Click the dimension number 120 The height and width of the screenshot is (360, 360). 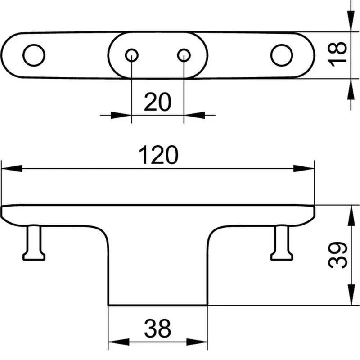[x=158, y=154]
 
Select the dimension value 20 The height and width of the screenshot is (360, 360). [x=157, y=102]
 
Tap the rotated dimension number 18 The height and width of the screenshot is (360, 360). [x=337, y=54]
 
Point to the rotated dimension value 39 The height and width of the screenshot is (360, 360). [x=338, y=255]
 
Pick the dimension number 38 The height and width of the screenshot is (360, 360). [x=157, y=328]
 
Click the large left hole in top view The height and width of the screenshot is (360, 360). [x=34, y=55]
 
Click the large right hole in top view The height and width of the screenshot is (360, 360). [x=282, y=55]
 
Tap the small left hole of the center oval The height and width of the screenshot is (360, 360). [x=131, y=55]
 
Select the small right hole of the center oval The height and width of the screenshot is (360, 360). [x=184, y=55]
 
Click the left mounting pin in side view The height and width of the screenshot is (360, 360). [x=34, y=243]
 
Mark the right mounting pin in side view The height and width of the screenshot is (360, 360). [x=282, y=243]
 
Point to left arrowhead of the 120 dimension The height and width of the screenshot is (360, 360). [x=12, y=168]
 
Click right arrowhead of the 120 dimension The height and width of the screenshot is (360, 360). [x=304, y=168]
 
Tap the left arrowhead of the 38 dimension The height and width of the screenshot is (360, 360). [x=119, y=342]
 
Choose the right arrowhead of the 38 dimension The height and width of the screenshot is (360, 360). [x=197, y=342]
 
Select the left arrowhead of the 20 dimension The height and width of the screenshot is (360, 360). [x=121, y=115]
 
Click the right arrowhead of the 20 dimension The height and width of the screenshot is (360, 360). [x=194, y=115]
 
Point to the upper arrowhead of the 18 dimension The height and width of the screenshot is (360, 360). [x=351, y=21]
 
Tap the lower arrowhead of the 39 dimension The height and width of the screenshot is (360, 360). [x=351, y=295]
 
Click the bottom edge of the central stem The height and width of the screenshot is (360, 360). [x=158, y=306]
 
